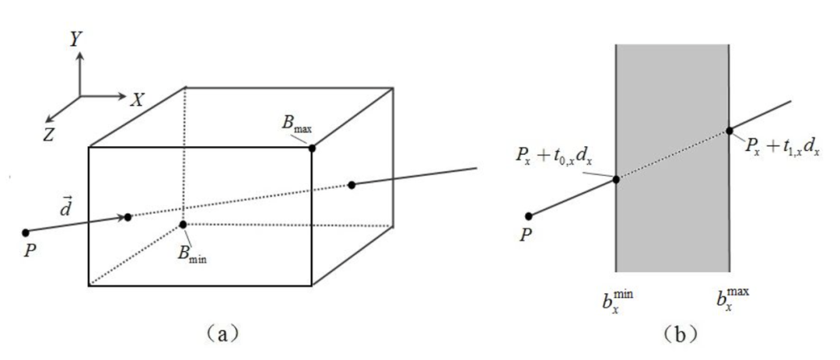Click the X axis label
click(x=138, y=99)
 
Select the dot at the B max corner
click(x=312, y=148)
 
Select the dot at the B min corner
click(x=183, y=225)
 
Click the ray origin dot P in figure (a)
click(x=26, y=232)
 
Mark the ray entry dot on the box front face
click(x=128, y=217)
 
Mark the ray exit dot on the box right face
click(x=352, y=184)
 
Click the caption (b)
click(x=672, y=334)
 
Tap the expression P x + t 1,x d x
click(x=782, y=148)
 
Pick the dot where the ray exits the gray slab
click(x=730, y=131)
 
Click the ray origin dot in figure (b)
click(x=529, y=216)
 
